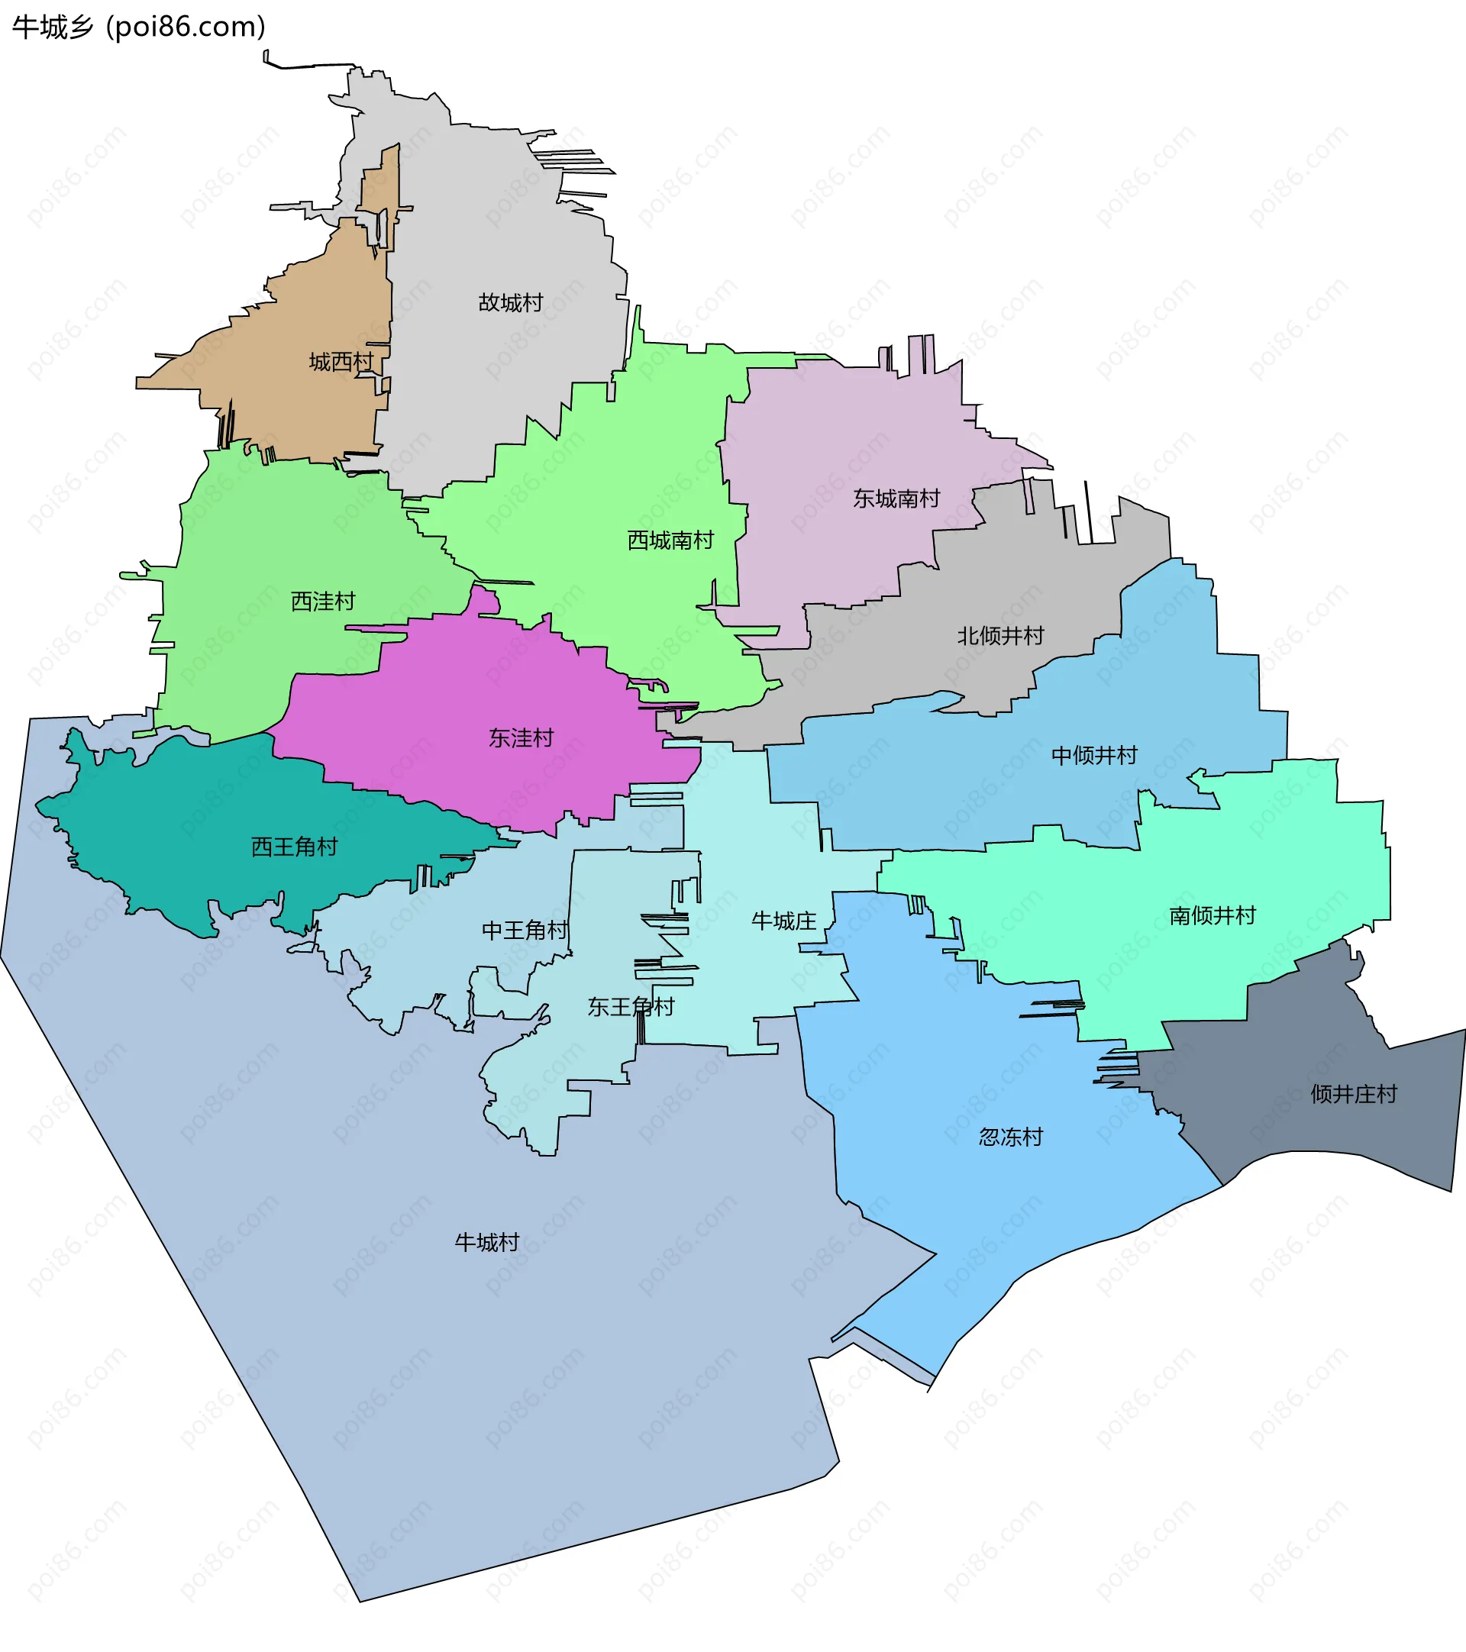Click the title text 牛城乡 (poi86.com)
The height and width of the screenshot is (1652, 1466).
[139, 27]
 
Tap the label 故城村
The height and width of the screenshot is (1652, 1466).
[511, 303]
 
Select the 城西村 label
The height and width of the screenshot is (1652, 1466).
[341, 362]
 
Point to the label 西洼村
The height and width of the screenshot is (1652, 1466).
[323, 602]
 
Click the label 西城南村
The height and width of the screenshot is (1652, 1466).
[671, 540]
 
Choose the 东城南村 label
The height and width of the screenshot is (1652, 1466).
[896, 499]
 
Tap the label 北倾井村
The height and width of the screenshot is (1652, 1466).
[1000, 636]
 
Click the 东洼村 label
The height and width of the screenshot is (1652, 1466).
[521, 738]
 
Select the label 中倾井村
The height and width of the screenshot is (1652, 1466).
[1094, 756]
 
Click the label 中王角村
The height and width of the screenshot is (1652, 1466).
[525, 931]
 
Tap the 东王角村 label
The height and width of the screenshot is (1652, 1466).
[631, 1007]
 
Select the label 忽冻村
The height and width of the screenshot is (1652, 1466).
[1011, 1137]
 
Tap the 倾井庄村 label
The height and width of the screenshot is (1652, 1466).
[1354, 1094]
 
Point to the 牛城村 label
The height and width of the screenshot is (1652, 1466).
[486, 1242]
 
